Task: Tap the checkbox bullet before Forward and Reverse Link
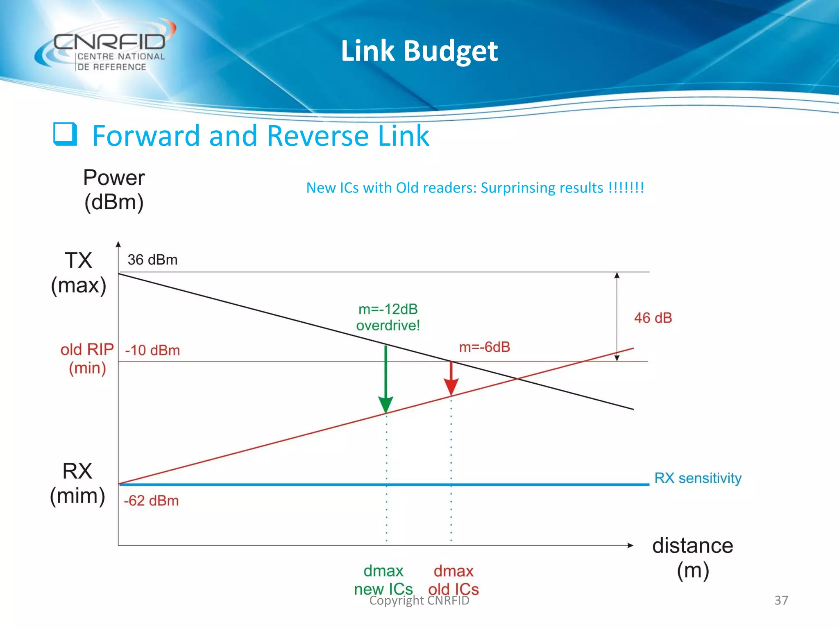pos(65,134)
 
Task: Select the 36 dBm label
pos(152,260)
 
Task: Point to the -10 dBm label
pos(152,351)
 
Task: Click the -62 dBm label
pos(151,500)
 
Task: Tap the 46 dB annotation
pos(653,318)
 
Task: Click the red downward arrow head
pos(451,387)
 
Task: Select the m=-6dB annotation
pos(484,347)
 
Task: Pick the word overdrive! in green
pos(388,326)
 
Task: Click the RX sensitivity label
pos(698,478)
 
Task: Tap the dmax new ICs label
pos(383,580)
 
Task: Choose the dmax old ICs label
pos(454,580)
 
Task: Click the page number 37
pos(781,600)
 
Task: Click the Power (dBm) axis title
pos(114,190)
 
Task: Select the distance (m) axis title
pos(692,558)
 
